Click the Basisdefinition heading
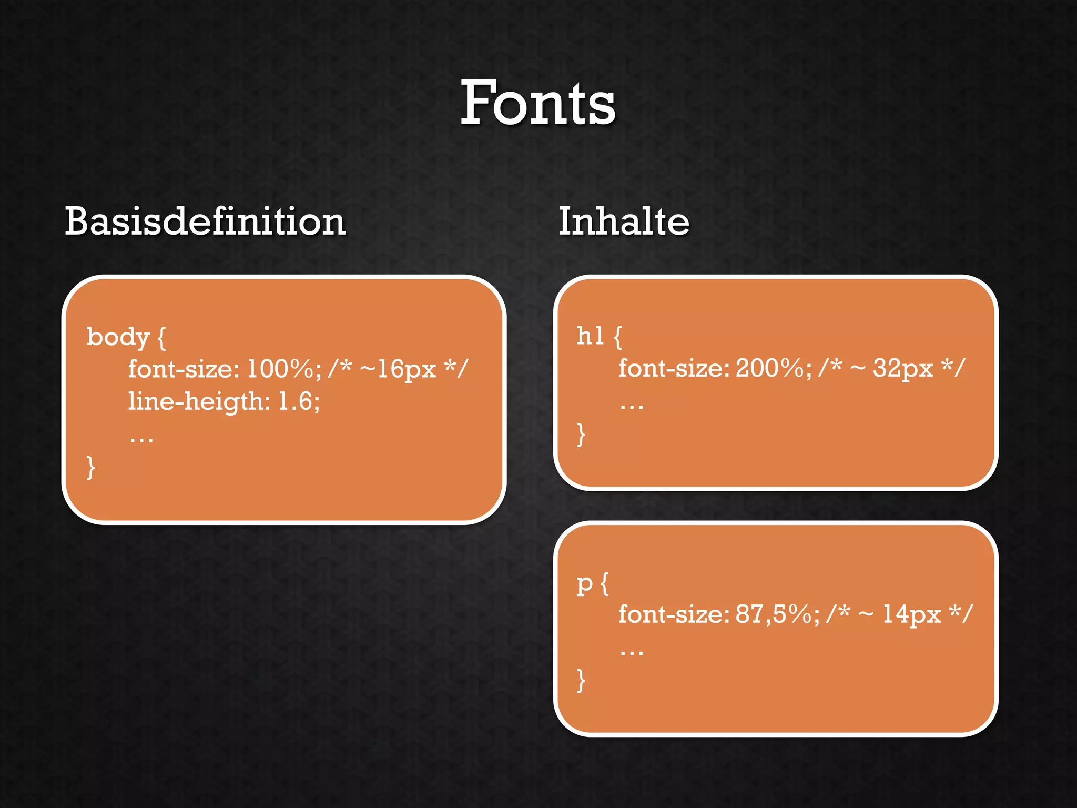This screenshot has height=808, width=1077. pos(205,221)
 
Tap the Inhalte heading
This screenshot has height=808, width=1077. pos(624,221)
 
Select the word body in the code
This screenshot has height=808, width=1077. pos(118,337)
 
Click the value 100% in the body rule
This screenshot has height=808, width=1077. pos(281,369)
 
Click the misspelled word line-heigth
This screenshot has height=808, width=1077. pos(198,402)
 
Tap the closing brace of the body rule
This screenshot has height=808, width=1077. pos(91,467)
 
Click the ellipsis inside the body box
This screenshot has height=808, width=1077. pos(141,438)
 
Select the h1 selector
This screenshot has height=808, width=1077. pos(590,336)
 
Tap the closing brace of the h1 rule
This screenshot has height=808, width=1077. pos(581,434)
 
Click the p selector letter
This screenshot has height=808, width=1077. pos(585,584)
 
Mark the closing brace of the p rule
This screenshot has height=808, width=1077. pos(581,680)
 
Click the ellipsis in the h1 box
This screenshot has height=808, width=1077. pos(632,405)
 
